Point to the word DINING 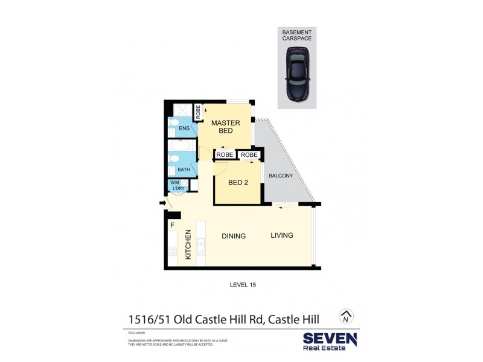[233, 236]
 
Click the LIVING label [281, 235]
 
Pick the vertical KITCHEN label [188, 244]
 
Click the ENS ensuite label [184, 128]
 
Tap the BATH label [184, 170]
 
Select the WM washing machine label [175, 182]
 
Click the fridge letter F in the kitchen [172, 226]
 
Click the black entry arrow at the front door [162, 203]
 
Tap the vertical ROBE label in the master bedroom [197, 112]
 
